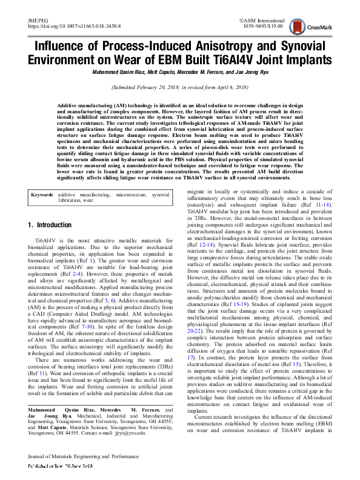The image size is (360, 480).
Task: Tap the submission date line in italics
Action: [x=179, y=88]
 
